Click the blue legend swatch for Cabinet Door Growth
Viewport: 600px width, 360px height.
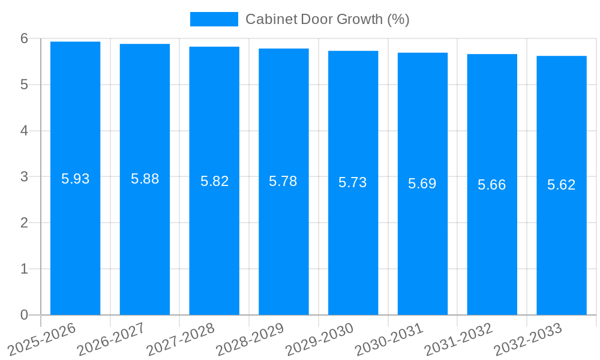[x=214, y=19]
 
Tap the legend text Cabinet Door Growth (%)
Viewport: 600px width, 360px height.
[x=327, y=19]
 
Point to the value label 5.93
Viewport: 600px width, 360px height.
[x=76, y=179]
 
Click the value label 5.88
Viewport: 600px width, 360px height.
[x=145, y=179]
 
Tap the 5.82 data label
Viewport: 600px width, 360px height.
[x=215, y=181]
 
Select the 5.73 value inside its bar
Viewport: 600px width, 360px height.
[x=353, y=183]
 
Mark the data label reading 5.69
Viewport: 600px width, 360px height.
[x=422, y=184]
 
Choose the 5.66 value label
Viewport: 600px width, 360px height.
[x=492, y=185]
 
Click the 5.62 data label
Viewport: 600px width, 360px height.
[x=562, y=185]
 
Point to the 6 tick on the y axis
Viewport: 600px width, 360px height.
[x=25, y=38]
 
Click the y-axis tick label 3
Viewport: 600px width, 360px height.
[x=25, y=177]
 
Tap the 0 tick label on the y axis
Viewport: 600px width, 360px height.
[x=25, y=315]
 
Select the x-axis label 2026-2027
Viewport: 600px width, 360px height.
[x=112, y=339]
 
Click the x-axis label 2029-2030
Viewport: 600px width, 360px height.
[x=320, y=339]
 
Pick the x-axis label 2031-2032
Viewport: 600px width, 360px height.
[x=459, y=339]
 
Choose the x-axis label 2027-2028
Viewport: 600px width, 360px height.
[x=181, y=339]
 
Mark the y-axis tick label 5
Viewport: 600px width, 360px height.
[x=25, y=85]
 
